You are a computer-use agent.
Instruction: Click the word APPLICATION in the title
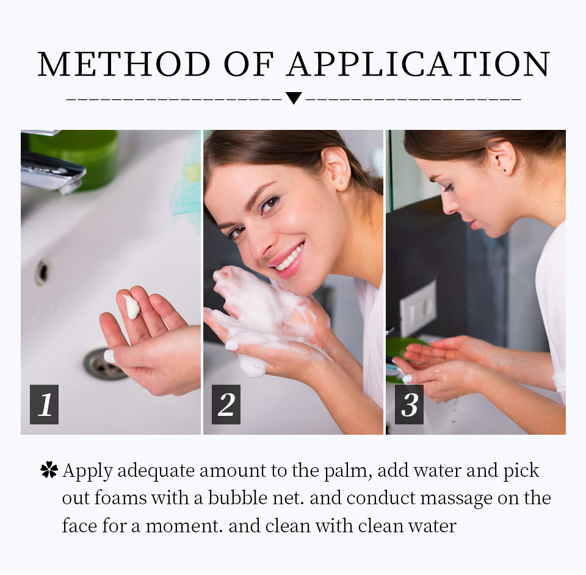point(419,64)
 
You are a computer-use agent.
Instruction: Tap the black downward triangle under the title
point(294,98)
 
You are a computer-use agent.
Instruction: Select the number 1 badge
point(45,404)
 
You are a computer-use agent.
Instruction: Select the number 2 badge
point(226,404)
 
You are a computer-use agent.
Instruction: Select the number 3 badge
point(409,404)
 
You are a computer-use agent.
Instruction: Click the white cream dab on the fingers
point(131,307)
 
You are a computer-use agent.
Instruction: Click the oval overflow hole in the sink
point(42,271)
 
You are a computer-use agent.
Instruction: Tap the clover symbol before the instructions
point(49,470)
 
